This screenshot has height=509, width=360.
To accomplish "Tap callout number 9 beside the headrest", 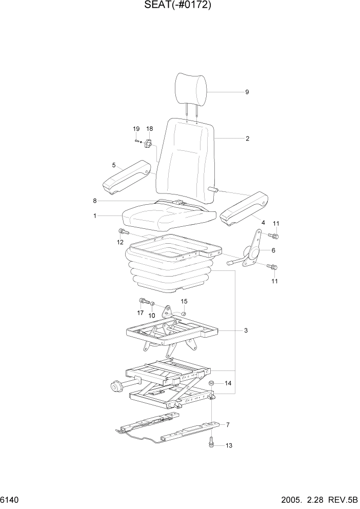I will coord(247,92).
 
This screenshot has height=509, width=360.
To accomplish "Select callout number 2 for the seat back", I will coord(247,139).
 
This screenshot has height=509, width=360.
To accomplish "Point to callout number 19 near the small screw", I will coord(136,128).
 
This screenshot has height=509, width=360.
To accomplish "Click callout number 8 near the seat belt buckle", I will coord(95,201).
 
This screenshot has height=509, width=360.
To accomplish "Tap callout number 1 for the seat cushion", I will coord(95,216).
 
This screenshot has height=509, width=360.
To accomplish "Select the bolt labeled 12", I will coord(123,232).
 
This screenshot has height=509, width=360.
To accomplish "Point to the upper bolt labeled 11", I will coord(273,236).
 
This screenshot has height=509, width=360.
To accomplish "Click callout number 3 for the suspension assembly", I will coord(246,330).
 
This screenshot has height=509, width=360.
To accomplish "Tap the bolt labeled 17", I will coord(142,301).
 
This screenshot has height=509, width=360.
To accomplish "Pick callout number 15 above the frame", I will coord(184,301).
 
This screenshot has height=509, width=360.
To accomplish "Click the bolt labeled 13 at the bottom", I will coord(211,442).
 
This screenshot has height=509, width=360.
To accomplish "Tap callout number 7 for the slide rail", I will coord(228,424).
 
